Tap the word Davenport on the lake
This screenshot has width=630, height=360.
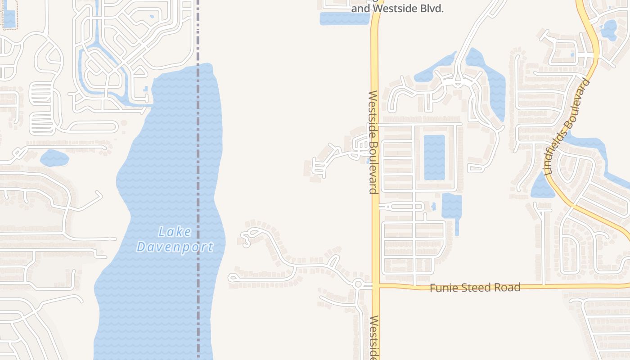click(x=175, y=247)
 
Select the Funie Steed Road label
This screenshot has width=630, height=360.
click(x=475, y=288)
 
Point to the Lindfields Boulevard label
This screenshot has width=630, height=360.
click(x=567, y=127)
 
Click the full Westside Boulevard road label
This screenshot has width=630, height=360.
click(x=373, y=142)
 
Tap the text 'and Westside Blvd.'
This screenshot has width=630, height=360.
click(x=397, y=9)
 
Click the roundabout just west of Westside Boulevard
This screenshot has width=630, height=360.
click(x=358, y=284)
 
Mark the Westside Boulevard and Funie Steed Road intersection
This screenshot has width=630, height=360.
click(x=375, y=285)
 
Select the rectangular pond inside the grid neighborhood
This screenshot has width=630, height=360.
click(x=434, y=157)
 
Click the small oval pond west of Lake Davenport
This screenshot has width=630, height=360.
click(x=54, y=158)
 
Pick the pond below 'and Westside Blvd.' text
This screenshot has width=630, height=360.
click(x=344, y=18)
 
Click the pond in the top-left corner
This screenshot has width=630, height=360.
click(x=9, y=18)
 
